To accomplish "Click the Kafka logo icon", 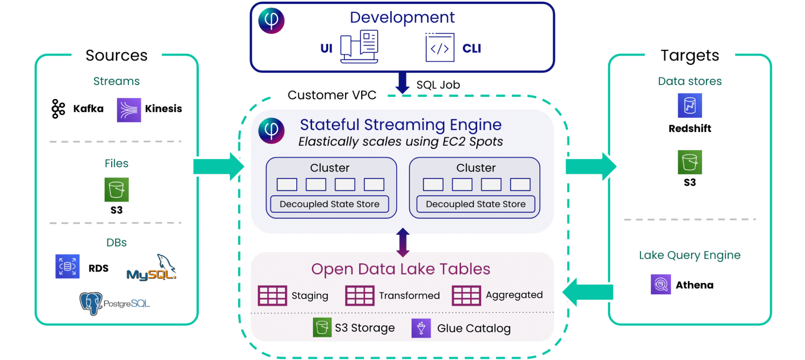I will click(x=58, y=109).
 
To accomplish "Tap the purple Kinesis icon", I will click(x=129, y=110).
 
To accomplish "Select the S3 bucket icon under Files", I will click(x=116, y=190).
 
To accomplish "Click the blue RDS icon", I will click(x=67, y=266).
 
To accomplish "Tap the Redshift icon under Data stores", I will click(x=689, y=106).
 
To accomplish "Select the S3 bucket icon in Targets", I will click(x=689, y=162).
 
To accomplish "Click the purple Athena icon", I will click(x=660, y=284).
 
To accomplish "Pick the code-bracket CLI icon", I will click(x=439, y=48).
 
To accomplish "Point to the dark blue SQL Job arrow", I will click(x=402, y=83).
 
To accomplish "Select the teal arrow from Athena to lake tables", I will click(x=588, y=292).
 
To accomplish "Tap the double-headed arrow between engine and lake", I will click(x=403, y=242).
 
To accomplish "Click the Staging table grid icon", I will click(x=272, y=296).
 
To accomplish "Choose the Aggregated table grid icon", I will click(x=466, y=296).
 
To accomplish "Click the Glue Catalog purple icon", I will click(x=421, y=328).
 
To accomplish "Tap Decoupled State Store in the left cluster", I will click(x=329, y=204).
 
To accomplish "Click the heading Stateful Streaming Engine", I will click(x=401, y=125).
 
